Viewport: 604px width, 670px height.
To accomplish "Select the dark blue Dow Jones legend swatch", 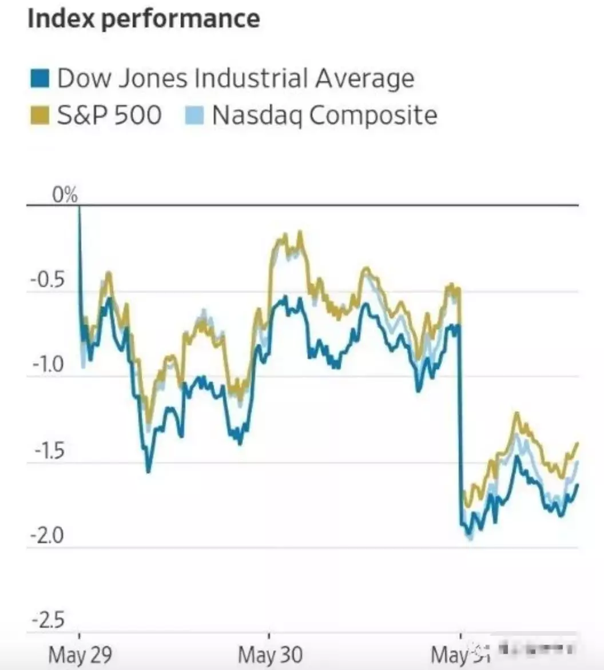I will (x=39, y=78).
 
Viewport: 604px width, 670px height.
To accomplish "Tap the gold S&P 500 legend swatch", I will (x=39, y=115).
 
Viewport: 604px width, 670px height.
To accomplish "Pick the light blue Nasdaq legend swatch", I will (x=194, y=115).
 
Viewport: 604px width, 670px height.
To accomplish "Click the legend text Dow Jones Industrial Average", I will (x=236, y=78).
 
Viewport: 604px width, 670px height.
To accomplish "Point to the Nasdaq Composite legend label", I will (x=324, y=115).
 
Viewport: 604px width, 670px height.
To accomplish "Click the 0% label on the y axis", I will (x=65, y=196).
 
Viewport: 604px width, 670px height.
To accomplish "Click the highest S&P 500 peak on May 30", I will (x=299, y=232).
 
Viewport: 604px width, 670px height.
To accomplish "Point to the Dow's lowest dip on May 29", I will (x=148, y=471).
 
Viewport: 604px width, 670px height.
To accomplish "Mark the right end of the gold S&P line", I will (x=578, y=443).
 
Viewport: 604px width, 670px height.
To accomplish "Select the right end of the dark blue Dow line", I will (x=578, y=485).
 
